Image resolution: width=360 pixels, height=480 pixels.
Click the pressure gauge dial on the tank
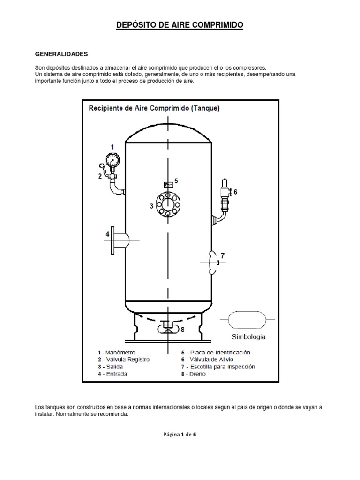point(112,160)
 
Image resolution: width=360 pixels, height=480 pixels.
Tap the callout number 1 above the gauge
point(112,147)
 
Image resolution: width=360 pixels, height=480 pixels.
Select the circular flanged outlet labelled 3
point(167,204)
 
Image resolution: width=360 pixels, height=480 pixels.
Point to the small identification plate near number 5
point(168,185)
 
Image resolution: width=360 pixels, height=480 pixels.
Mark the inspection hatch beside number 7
point(213,262)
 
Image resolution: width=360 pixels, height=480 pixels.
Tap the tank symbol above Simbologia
point(247,320)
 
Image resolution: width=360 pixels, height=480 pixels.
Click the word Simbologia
point(248,337)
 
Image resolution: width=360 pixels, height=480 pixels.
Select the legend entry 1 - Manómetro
point(117,352)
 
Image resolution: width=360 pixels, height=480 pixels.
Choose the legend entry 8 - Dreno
point(193,374)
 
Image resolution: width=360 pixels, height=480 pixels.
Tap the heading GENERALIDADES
point(61,54)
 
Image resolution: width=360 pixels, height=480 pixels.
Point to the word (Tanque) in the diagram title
point(205,108)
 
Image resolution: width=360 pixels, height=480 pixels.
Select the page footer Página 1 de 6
point(180,435)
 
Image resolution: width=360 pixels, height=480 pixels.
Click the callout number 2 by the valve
point(100,176)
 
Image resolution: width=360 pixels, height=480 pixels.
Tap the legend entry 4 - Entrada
point(112,374)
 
